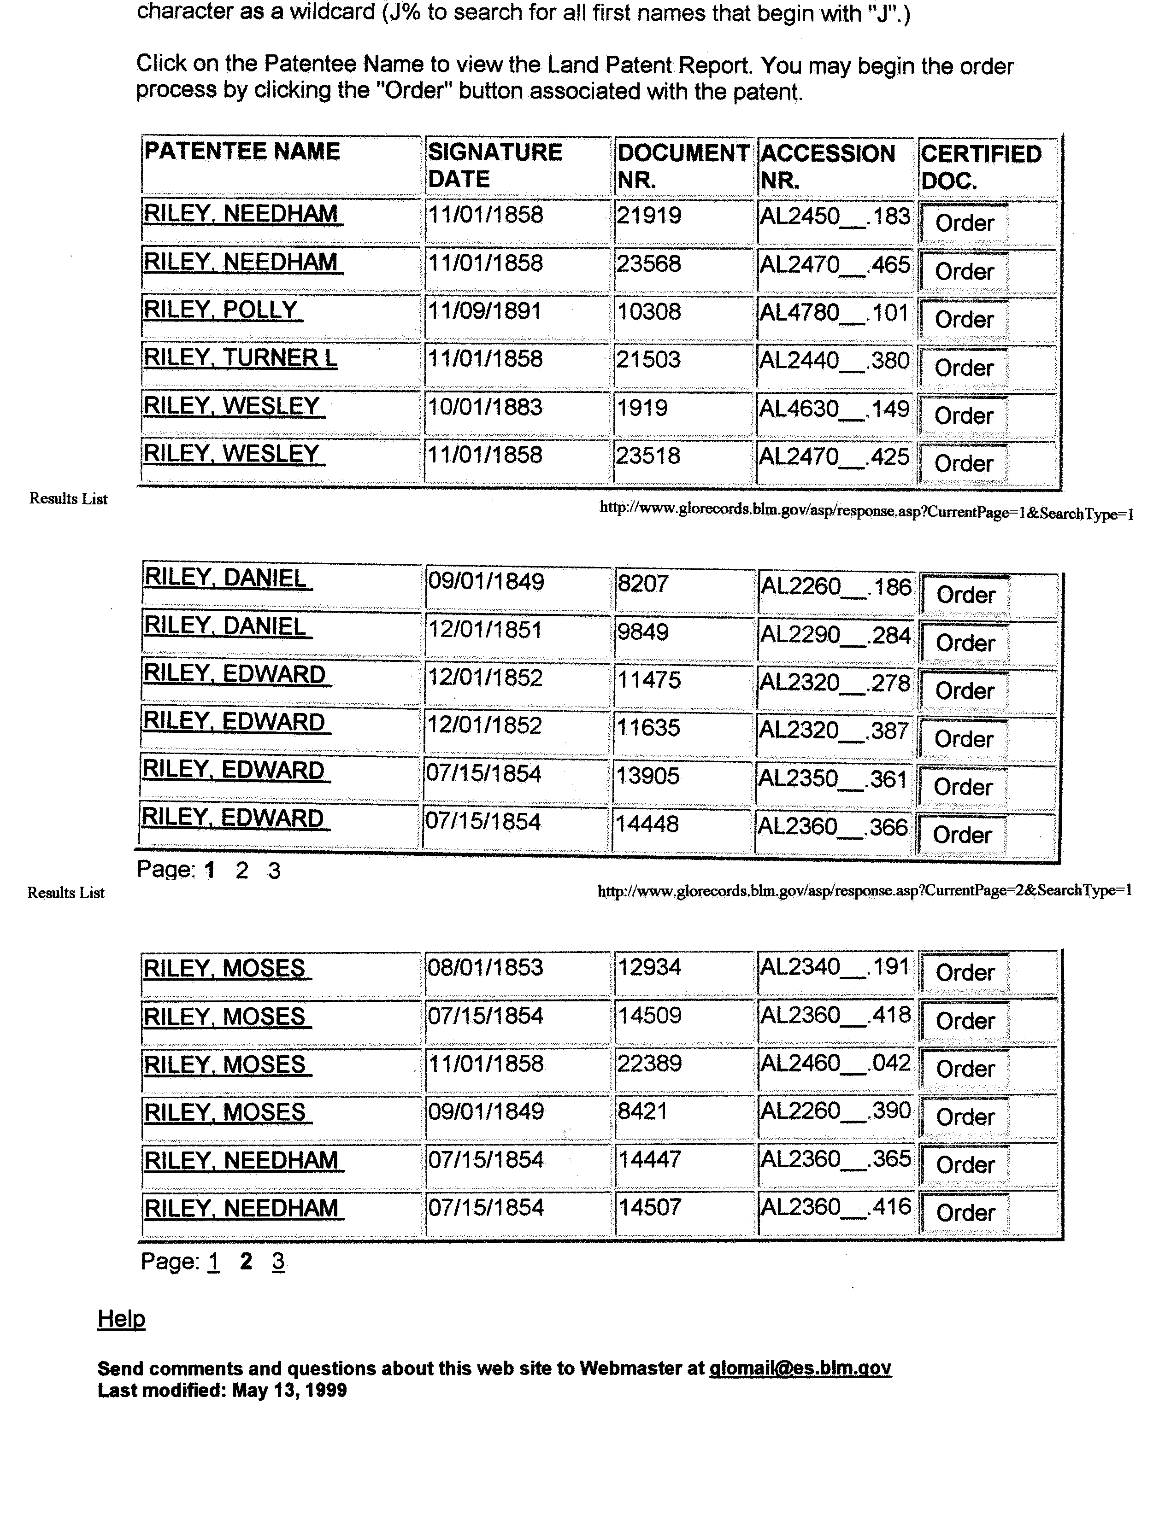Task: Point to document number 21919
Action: [x=649, y=216]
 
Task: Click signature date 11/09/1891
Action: [x=485, y=311]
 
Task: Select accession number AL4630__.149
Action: [x=834, y=409]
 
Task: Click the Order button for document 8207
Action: [x=965, y=595]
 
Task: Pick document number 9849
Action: [x=643, y=631]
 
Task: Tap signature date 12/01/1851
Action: [x=485, y=630]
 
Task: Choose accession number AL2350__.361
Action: [x=833, y=779]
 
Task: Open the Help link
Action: [x=121, y=1318]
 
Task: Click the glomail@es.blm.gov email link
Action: [x=800, y=1368]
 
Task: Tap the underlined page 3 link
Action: [x=277, y=1262]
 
